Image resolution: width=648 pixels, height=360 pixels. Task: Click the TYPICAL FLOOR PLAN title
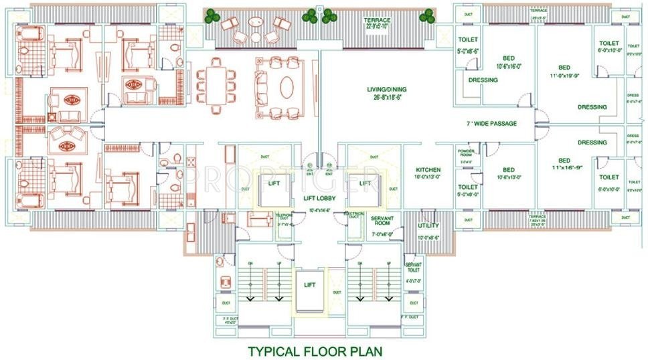[x=316, y=350]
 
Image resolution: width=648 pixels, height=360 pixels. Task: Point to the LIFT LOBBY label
[x=318, y=198]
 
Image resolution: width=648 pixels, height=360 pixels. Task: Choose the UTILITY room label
[x=428, y=228]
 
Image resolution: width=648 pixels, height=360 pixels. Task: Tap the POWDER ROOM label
[x=466, y=153]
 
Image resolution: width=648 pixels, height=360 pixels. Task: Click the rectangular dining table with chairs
[x=215, y=84]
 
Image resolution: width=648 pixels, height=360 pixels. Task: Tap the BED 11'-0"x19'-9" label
[x=564, y=72]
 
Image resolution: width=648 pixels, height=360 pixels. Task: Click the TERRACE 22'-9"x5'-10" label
[x=377, y=23]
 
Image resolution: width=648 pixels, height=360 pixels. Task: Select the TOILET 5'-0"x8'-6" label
[x=468, y=44]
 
